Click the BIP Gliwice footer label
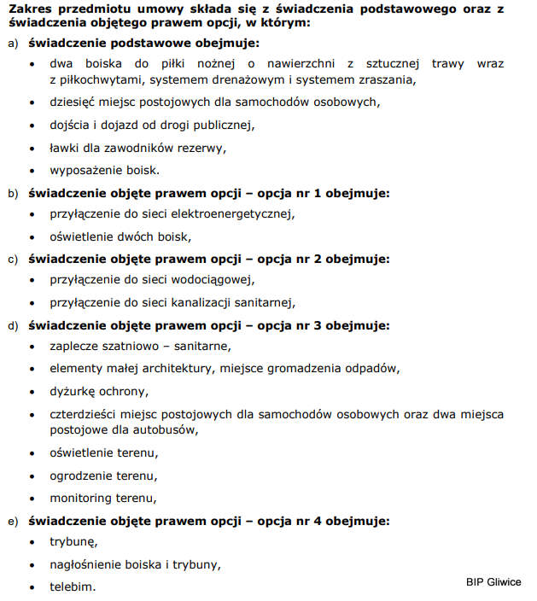pos(493,582)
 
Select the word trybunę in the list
pos(73,542)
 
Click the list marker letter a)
pos(13,43)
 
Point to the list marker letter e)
pos(13,520)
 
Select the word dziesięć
pos(78,102)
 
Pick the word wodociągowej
pos(215,280)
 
